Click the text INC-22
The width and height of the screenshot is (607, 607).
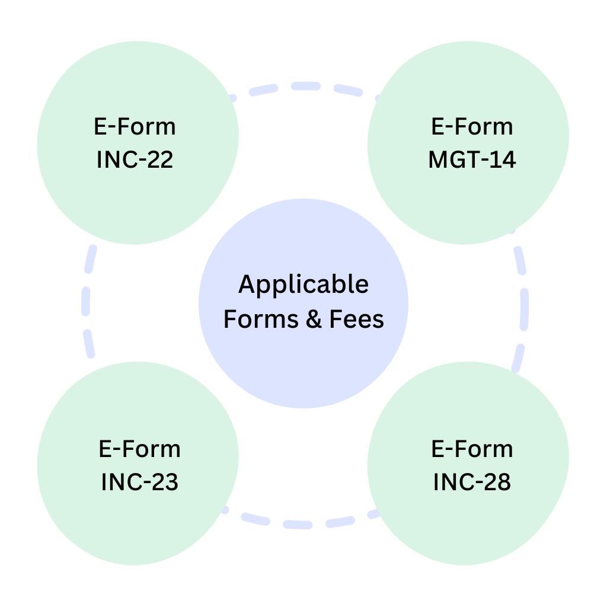135,160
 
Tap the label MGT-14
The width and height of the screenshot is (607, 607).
472,160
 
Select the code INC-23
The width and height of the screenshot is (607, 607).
140,482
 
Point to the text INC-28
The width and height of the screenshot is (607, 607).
472,482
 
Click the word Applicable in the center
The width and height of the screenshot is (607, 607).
303,285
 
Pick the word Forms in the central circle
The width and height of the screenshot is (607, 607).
261,320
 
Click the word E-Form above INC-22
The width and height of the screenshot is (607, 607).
135,127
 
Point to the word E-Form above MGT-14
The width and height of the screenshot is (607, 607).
472,127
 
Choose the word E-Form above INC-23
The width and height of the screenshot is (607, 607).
140,449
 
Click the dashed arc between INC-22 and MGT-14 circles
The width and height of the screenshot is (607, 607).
303,87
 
